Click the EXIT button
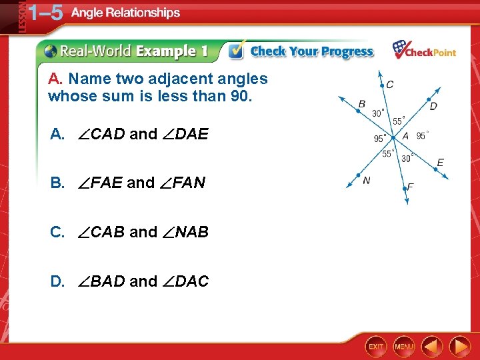376,346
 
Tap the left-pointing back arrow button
433,346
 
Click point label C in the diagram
389,85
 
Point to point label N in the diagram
367,180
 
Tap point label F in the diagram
410,187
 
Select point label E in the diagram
440,163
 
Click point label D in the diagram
433,106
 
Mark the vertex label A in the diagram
405,136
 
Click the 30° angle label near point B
378,113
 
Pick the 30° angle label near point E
408,158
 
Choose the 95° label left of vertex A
380,139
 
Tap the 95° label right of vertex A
423,135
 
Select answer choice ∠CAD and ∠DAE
129,134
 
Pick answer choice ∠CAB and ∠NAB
129,232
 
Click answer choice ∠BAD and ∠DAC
129,281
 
